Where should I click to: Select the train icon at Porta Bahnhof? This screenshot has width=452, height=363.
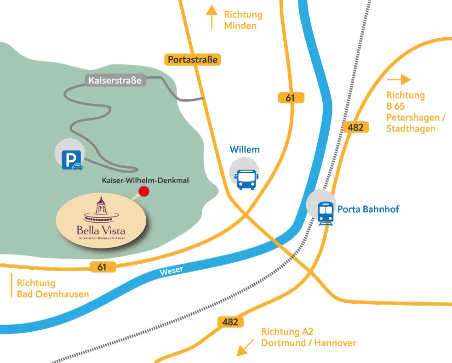[x=326, y=212]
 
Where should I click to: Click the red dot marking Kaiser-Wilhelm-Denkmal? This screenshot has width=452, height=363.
[x=144, y=192]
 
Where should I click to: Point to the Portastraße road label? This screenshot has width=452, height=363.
[x=192, y=59]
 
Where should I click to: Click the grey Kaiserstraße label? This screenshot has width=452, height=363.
[x=115, y=80]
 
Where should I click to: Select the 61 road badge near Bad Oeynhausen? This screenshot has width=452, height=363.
[x=102, y=267]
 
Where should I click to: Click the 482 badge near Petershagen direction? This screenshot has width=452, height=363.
[x=356, y=128]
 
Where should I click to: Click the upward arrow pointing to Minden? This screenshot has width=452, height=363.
[x=212, y=17]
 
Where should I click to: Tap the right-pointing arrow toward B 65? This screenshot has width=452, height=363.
[x=399, y=79]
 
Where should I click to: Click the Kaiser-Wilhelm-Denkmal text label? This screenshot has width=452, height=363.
[x=145, y=181]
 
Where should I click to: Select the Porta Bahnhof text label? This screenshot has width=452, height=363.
[x=368, y=210]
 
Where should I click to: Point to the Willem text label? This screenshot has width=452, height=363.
[x=245, y=150]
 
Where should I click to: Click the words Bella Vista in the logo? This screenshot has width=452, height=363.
[x=101, y=230]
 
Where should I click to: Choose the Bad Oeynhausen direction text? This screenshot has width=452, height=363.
[x=52, y=294]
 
